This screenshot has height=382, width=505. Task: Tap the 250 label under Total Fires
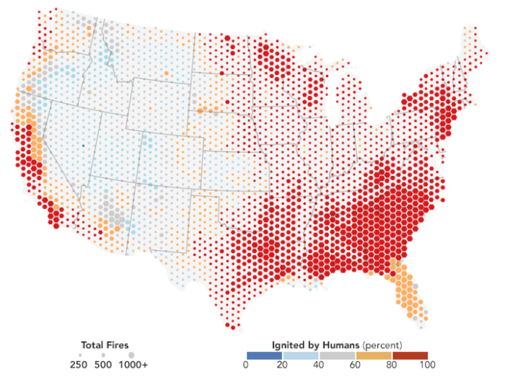click(79, 365)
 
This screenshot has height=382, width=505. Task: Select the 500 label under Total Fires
click(104, 365)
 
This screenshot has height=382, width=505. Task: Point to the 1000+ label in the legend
click(133, 365)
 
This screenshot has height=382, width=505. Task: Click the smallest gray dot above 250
click(79, 356)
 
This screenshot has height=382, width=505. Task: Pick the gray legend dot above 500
click(104, 356)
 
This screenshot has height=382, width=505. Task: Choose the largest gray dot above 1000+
click(131, 355)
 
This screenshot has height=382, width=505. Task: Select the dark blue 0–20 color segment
click(264, 355)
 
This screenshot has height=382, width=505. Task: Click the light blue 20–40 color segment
click(301, 355)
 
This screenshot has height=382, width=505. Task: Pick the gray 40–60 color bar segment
click(337, 355)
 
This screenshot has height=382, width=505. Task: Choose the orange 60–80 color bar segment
click(374, 355)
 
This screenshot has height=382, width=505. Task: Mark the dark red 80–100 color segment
click(410, 355)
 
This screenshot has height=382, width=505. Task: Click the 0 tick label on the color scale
click(246, 366)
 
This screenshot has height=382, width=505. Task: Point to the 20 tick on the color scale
click(283, 366)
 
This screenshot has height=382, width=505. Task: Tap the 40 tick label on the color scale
click(319, 366)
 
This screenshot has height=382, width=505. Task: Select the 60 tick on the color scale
click(356, 366)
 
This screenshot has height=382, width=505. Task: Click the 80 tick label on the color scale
click(392, 366)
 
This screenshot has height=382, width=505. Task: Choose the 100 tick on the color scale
click(428, 366)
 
